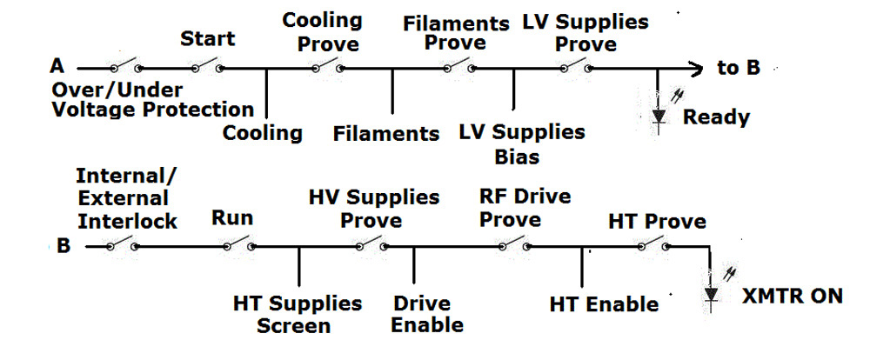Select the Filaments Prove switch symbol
point(459,66)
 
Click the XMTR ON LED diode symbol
point(712,295)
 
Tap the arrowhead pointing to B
point(695,67)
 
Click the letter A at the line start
point(58,66)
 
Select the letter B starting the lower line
point(64,246)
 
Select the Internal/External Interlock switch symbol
point(122,246)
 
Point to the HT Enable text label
point(604,304)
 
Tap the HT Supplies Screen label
point(297,314)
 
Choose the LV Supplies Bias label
point(523,144)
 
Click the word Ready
point(716,117)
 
